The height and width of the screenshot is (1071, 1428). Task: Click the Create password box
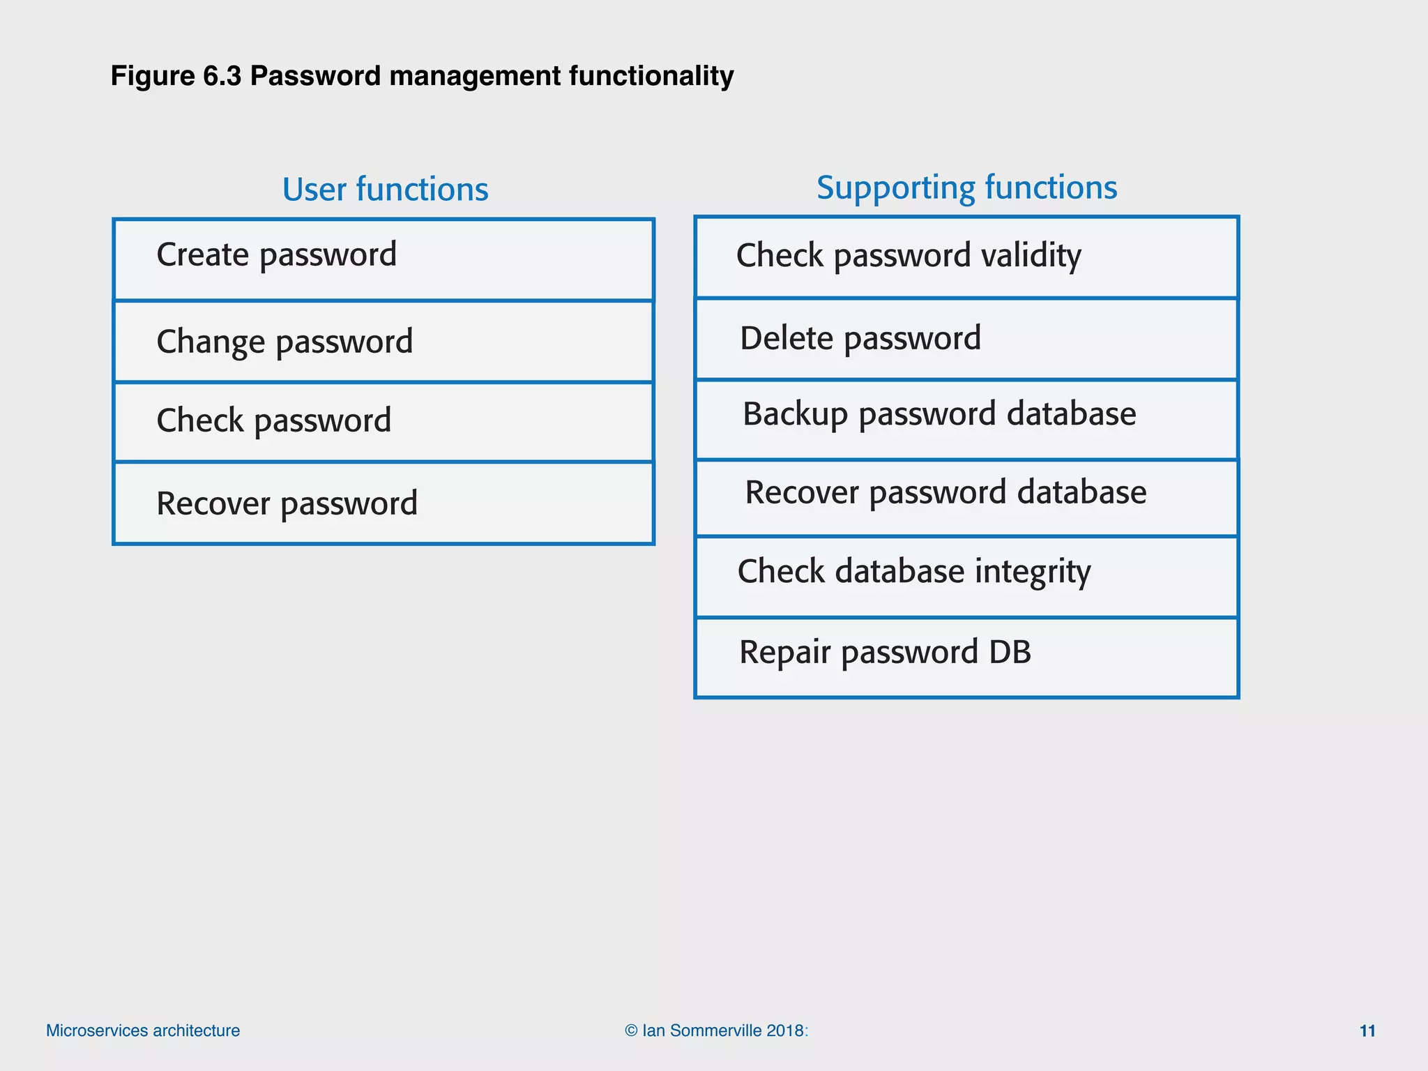pos(383,259)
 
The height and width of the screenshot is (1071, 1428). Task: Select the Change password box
pos(383,342)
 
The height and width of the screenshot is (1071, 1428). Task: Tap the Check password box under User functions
pos(383,421)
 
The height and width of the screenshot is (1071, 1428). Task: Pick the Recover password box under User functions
pos(383,503)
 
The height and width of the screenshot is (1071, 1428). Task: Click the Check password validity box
pos(966,257)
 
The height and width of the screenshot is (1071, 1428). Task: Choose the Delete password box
pos(966,339)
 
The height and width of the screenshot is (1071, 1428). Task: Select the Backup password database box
pos(966,418)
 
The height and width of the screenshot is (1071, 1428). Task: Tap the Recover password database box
pos(966,497)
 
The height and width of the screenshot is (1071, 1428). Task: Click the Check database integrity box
pos(966,576)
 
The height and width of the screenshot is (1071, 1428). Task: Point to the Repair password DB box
pos(966,657)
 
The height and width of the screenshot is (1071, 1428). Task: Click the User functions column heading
pos(385,190)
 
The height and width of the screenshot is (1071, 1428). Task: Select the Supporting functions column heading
pos(966,188)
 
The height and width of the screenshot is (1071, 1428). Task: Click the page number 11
pos(1367,1031)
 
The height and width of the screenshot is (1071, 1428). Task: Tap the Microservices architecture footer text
pos(143,1031)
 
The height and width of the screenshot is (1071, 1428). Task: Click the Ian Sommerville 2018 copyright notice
pos(716,1031)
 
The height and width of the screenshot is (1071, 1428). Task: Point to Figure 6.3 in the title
pos(176,76)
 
